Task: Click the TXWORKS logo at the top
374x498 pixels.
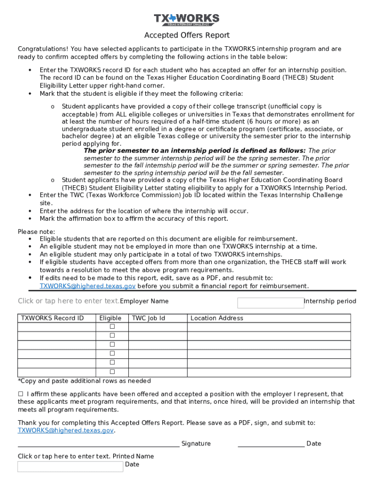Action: point(187,19)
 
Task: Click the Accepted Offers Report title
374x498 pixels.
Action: point(187,36)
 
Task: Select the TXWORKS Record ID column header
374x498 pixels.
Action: point(52,318)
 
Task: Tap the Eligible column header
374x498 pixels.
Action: point(110,318)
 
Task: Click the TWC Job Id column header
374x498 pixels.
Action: point(149,318)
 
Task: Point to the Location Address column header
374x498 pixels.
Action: point(217,318)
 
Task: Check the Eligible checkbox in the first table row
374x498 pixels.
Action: point(112,326)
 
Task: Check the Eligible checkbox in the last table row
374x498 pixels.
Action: point(112,372)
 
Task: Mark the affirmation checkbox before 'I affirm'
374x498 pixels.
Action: point(20,394)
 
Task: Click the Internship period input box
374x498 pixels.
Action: point(270,303)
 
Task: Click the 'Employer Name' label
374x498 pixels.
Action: point(144,301)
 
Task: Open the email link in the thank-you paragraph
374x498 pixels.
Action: point(66,430)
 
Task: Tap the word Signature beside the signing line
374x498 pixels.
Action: point(196,444)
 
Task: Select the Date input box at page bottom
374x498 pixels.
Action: point(70,467)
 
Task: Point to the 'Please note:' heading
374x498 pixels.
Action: point(36,231)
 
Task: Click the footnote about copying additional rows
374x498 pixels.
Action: point(84,381)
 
